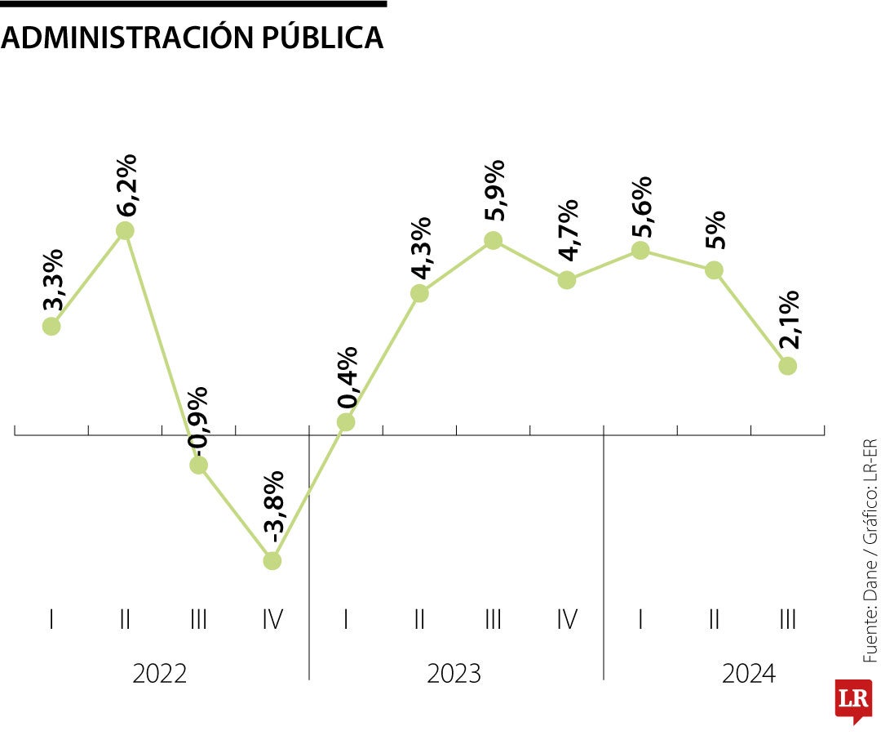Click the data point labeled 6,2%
pos(125,231)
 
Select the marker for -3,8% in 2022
pos(272,561)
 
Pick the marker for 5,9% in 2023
pos(493,240)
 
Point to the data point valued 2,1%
pos(787,366)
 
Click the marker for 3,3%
pos(51,326)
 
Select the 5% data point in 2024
pos(714,270)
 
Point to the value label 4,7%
pos(567,230)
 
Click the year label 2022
pos(160,675)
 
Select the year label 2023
pos(454,675)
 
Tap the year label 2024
pos(749,675)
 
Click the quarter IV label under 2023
pos(567,620)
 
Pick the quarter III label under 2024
pos(787,620)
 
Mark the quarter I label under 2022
pos(51,620)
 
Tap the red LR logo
pos(852,700)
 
